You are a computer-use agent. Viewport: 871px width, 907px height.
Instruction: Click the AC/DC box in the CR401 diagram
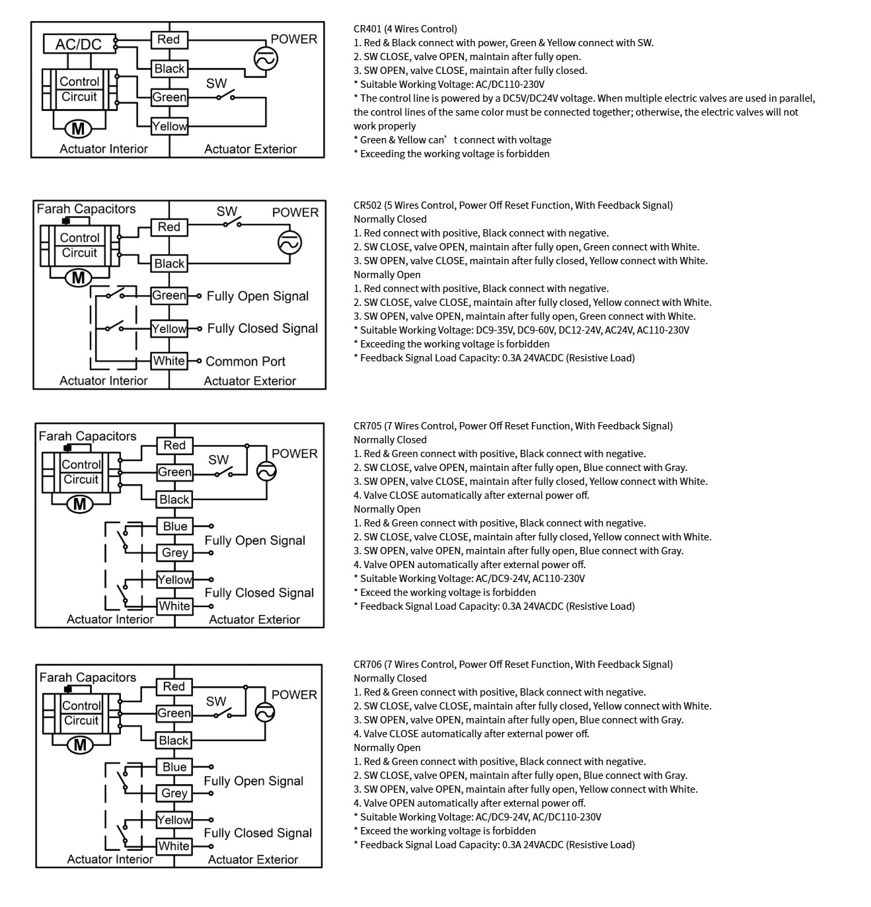click(x=78, y=44)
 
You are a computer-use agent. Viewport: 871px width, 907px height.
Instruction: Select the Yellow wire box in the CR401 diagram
click(x=170, y=126)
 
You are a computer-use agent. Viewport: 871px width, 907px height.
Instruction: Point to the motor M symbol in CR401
click(x=78, y=130)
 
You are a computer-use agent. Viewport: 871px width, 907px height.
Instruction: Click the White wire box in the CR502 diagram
click(x=169, y=361)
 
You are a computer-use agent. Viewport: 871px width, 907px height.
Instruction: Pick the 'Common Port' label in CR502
click(x=245, y=361)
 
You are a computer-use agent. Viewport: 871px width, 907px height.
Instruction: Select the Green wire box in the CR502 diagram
click(x=169, y=295)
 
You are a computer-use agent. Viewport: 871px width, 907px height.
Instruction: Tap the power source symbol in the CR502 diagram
click(x=289, y=242)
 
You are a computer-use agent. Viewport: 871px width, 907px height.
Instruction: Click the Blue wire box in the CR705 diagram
click(x=175, y=526)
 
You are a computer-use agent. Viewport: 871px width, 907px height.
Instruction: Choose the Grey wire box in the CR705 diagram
click(x=175, y=552)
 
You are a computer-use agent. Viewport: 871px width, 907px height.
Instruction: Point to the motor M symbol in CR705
click(x=80, y=505)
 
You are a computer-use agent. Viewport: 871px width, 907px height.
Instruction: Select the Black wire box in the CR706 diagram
click(x=174, y=740)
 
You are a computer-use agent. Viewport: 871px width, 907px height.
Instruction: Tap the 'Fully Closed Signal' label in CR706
click(x=258, y=832)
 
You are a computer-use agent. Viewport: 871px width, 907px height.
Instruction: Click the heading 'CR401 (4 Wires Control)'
click(x=405, y=29)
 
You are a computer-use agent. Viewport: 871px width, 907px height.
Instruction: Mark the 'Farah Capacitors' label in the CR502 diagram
click(x=86, y=209)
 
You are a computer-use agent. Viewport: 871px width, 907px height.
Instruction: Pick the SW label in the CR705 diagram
click(x=218, y=460)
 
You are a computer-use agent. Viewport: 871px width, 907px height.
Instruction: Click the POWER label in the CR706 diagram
click(x=294, y=694)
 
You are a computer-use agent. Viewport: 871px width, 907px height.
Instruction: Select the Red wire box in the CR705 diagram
click(x=175, y=445)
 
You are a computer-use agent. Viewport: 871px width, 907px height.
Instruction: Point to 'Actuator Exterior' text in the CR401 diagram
click(x=250, y=149)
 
